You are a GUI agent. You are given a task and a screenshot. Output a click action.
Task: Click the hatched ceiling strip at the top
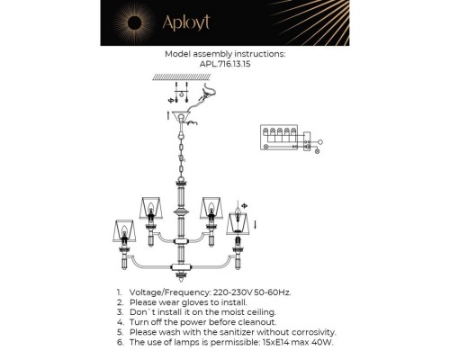tap(181, 79)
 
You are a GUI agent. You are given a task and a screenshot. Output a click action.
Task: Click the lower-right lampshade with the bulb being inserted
tap(238, 222)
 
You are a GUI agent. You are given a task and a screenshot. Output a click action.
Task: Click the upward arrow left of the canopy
tap(167, 114)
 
